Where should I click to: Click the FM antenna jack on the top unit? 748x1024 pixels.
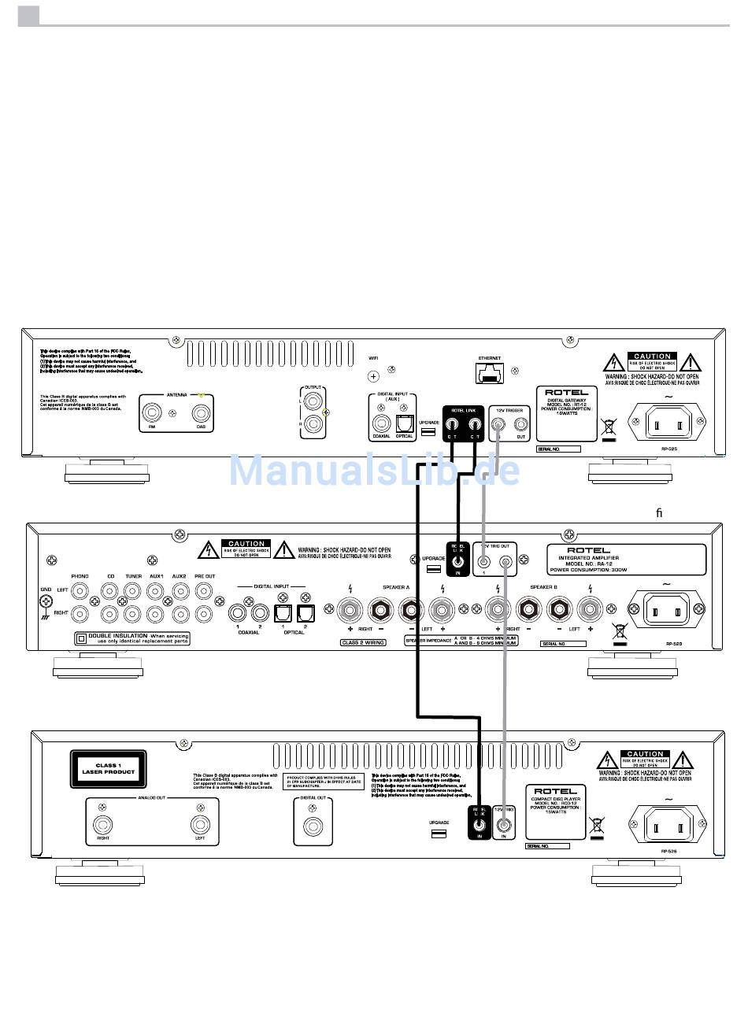click(x=152, y=412)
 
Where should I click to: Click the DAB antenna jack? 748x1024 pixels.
click(x=201, y=412)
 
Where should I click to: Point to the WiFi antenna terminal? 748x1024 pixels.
click(x=374, y=376)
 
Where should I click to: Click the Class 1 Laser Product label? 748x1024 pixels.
click(x=108, y=769)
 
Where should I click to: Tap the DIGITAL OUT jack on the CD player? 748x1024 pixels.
click(x=313, y=826)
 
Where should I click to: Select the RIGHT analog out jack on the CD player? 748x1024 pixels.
click(x=102, y=825)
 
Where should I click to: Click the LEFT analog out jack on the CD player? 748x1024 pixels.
click(x=199, y=825)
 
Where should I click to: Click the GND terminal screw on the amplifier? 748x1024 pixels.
click(x=46, y=601)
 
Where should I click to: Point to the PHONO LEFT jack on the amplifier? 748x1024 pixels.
click(x=79, y=590)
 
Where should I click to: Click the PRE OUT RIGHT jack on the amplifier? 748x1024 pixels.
click(x=204, y=612)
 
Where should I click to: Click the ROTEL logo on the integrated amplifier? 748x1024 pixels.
click(x=587, y=550)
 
